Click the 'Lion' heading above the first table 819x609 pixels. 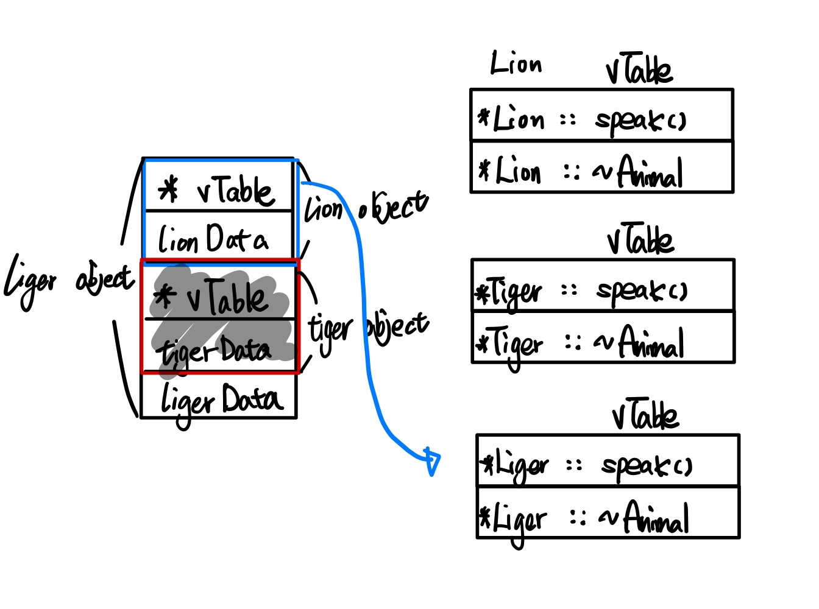pos(516,64)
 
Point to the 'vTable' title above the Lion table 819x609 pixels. pos(639,71)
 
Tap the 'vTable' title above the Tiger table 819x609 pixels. pos(640,240)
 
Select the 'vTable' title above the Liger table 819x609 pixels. pos(645,415)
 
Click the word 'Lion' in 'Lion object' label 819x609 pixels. pos(324,210)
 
